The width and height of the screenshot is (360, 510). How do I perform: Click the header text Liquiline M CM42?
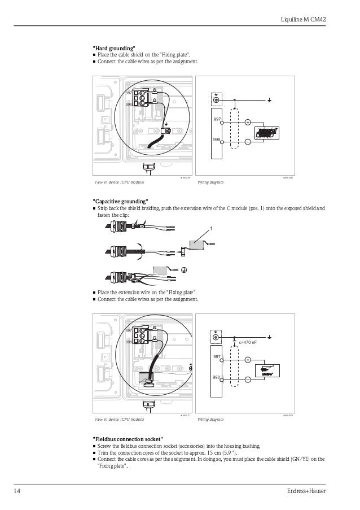(x=304, y=20)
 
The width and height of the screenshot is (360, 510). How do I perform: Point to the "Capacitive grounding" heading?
(x=120, y=202)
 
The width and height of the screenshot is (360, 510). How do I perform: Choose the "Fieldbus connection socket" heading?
(x=128, y=439)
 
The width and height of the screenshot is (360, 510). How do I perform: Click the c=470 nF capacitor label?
(x=248, y=342)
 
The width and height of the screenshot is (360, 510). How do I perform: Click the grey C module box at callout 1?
(x=199, y=245)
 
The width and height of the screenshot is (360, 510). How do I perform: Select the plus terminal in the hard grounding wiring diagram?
(x=248, y=121)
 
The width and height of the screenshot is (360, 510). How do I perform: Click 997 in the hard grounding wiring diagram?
(x=217, y=119)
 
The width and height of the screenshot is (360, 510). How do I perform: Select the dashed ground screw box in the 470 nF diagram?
(x=216, y=337)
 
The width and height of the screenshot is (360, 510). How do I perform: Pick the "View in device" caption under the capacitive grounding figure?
(x=119, y=420)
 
